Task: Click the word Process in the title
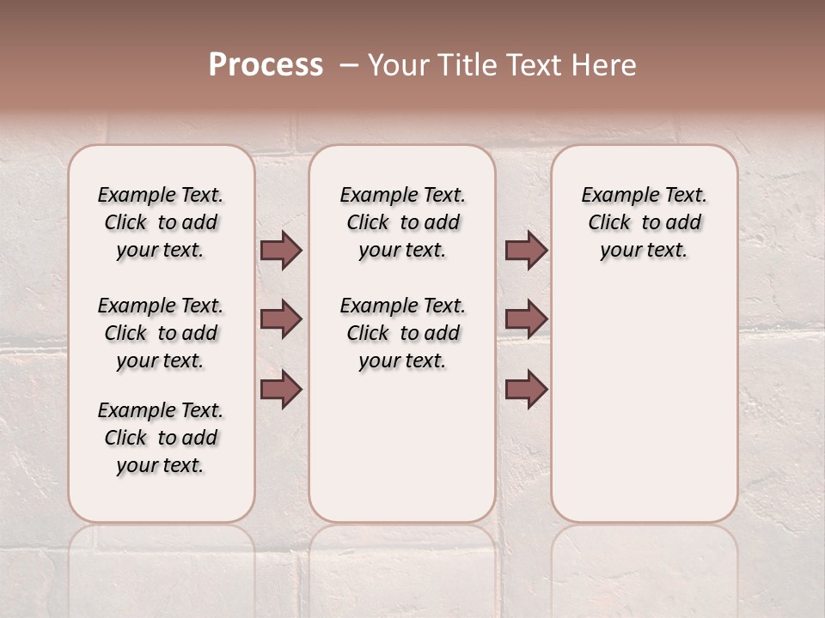266,65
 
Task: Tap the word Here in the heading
604,65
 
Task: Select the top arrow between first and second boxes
281,250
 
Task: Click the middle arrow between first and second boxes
281,319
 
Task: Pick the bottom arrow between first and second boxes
281,389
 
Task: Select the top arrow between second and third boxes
526,250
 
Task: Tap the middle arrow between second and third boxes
526,319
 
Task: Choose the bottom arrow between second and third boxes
526,389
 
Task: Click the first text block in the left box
161,222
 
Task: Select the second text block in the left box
161,333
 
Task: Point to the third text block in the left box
161,438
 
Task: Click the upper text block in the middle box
402,222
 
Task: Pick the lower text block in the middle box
402,333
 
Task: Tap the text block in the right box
644,222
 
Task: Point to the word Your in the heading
394,65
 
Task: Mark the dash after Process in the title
349,65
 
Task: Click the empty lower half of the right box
644,412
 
